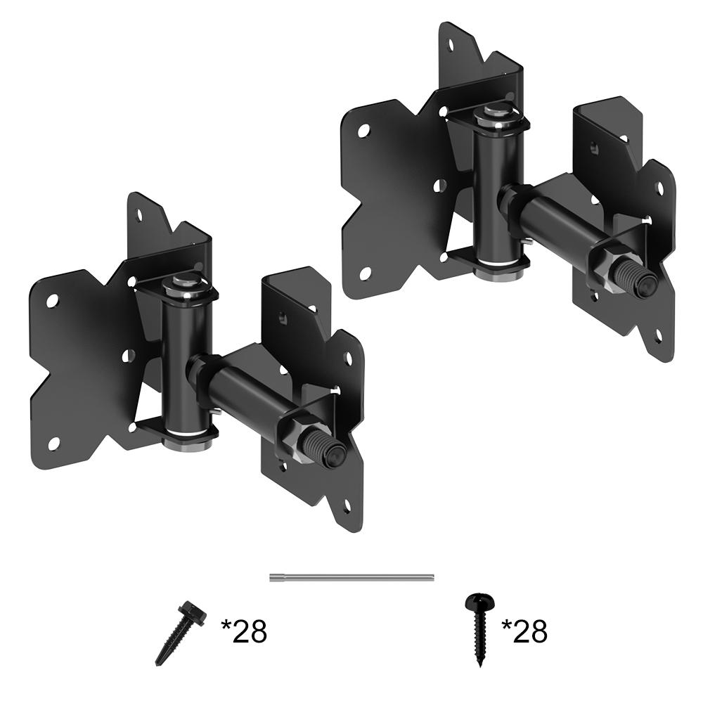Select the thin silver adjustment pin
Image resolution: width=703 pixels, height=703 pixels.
(352, 577)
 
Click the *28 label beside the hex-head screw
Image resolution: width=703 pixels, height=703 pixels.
(244, 631)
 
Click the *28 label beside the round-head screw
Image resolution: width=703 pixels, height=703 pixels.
(524, 631)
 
